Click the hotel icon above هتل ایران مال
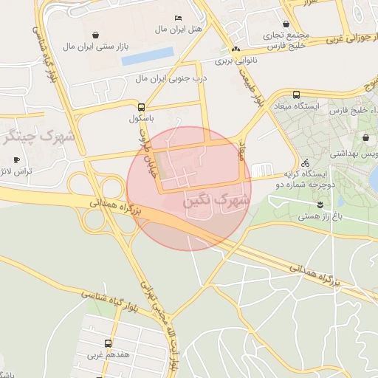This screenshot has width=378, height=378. pyautogui.click(x=177, y=18)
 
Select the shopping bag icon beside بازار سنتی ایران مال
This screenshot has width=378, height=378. pyautogui.click(x=94, y=34)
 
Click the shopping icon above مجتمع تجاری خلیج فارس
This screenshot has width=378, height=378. pyautogui.click(x=286, y=24)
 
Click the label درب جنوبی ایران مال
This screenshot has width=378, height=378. pyautogui.click(x=171, y=78)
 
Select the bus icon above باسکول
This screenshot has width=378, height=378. pyautogui.click(x=141, y=106)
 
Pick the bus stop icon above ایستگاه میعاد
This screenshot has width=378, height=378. pyautogui.click(x=296, y=94)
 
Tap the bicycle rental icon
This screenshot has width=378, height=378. pyautogui.click(x=305, y=163)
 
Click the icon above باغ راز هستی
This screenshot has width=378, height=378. pyautogui.click(x=320, y=204)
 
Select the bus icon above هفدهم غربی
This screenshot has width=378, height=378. pyautogui.click(x=109, y=343)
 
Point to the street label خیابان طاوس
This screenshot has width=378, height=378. pyautogui.click(x=150, y=152)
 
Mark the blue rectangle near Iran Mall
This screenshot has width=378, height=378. pyautogui.click(x=148, y=56)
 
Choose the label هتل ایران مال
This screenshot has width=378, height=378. pyautogui.click(x=178, y=30)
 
